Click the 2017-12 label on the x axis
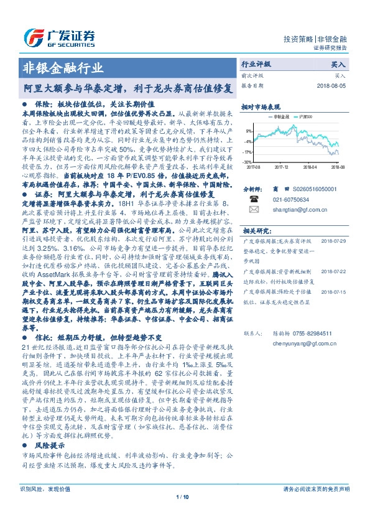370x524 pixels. click(x=282, y=167)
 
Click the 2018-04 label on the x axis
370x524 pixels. click(x=310, y=167)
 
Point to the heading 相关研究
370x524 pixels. click(x=255, y=230)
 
